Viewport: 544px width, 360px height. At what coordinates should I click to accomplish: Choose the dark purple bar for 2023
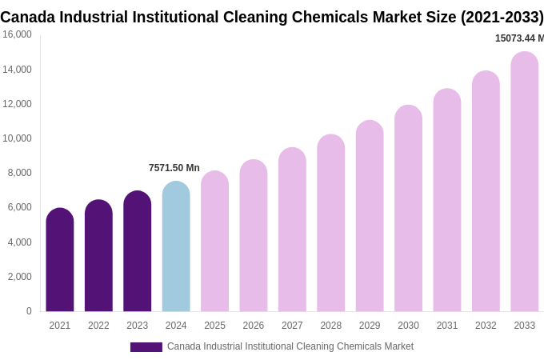137,251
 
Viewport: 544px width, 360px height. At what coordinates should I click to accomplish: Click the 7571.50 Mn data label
174,168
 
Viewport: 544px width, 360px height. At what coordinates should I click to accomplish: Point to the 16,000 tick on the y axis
17,34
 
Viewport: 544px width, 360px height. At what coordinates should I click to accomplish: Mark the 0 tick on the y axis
29,311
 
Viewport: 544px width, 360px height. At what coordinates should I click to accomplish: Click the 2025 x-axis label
214,326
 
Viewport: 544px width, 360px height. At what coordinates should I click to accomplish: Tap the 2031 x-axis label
447,326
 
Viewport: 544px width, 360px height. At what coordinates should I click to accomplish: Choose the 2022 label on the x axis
98,326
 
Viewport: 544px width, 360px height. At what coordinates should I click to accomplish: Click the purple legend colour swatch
146,347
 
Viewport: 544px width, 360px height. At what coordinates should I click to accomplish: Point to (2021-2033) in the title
502,17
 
